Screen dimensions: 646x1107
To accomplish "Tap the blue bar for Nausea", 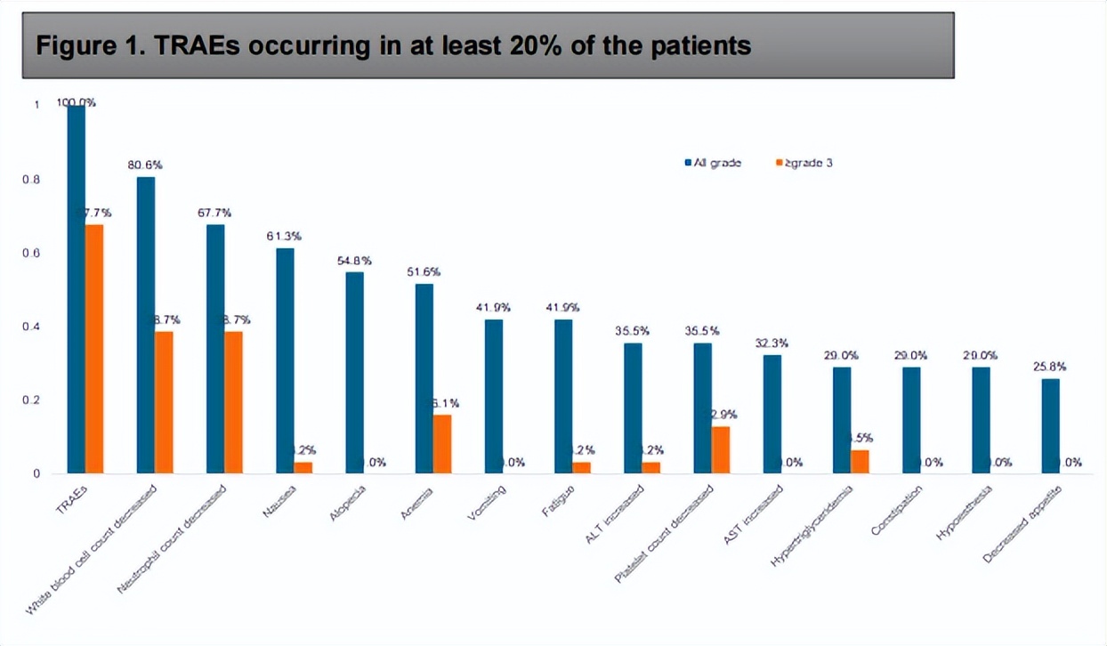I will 285,360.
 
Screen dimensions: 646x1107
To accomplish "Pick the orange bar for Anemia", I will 442,444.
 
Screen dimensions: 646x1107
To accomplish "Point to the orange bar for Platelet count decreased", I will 721,449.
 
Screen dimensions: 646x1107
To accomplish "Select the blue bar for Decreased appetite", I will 1050,426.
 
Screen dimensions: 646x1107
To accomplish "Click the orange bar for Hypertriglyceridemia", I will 860,462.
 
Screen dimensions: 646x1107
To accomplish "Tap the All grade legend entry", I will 713,163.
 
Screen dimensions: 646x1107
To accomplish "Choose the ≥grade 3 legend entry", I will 804,163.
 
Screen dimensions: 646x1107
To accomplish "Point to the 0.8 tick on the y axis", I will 36,180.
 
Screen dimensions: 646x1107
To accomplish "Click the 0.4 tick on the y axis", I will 36,327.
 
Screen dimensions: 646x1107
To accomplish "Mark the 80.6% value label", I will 145,165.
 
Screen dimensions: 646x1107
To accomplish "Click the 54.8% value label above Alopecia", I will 354,261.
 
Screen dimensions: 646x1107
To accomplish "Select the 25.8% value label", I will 1050,367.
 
